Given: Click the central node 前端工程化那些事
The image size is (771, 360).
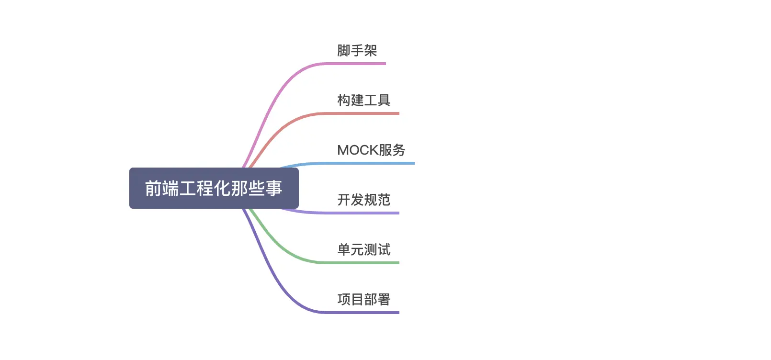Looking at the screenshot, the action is click(214, 188).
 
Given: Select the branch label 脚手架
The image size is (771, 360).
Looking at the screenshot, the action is click(357, 50).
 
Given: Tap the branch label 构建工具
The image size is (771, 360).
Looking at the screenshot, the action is click(363, 100).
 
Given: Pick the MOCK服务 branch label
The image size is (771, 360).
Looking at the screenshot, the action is click(371, 150).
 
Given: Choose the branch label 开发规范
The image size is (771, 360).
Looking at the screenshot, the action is click(363, 200).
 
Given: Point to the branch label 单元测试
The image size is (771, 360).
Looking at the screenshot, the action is click(363, 249).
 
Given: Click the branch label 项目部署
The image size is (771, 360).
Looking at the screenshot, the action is click(363, 299).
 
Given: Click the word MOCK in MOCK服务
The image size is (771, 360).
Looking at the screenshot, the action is click(358, 150).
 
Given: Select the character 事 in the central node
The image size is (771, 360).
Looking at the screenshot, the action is click(274, 188).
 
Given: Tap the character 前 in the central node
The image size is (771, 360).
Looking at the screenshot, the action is click(153, 188).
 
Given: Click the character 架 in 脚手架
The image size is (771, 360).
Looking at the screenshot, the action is click(371, 50).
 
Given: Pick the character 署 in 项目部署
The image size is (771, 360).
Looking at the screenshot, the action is click(384, 299).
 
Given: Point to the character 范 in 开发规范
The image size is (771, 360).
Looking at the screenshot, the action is click(384, 200).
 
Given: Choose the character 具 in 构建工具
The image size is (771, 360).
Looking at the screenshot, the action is click(384, 100).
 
